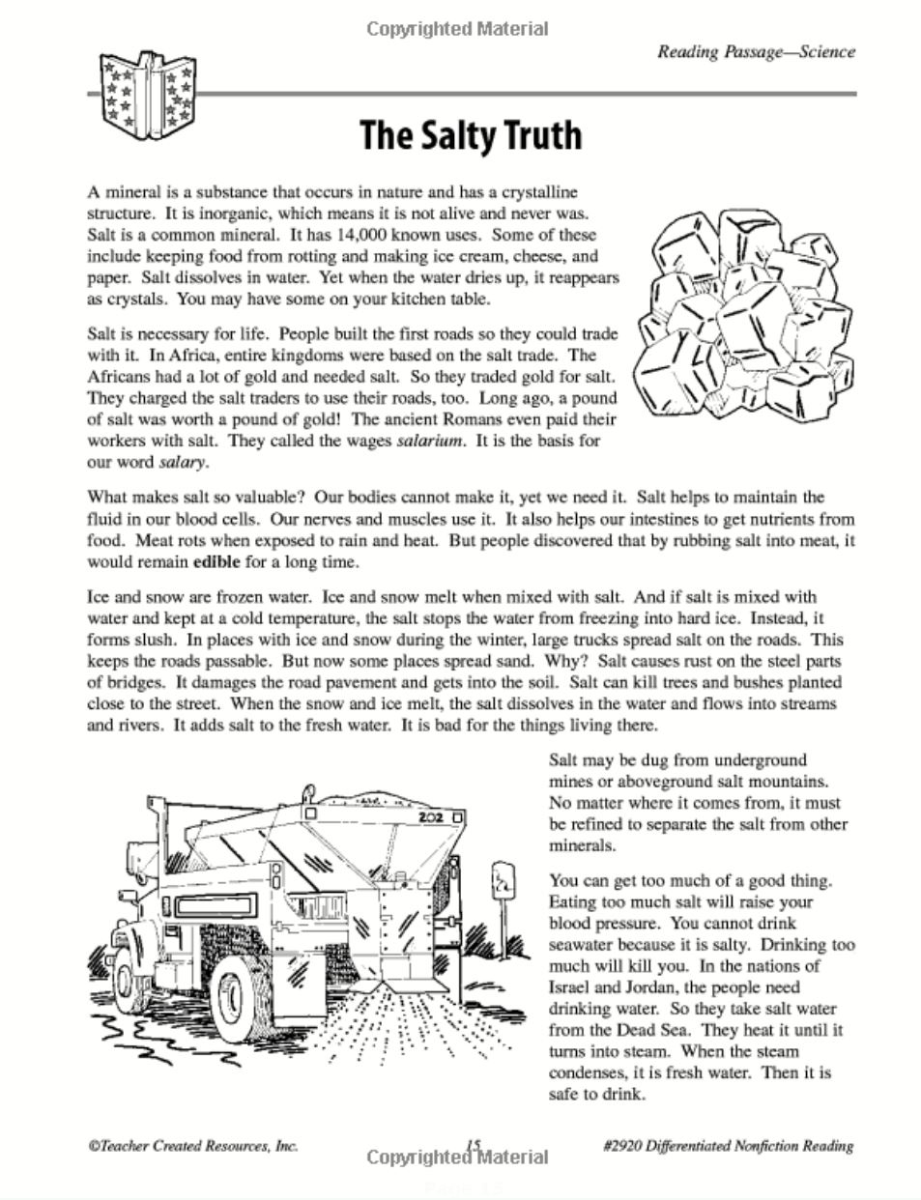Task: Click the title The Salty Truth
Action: coord(471,136)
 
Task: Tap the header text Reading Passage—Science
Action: coord(756,52)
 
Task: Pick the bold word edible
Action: coord(216,561)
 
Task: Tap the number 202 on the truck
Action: coord(431,817)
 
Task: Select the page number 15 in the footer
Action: coord(473,1145)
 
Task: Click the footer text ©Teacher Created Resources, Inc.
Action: coord(192,1146)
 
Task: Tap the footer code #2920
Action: coord(623,1146)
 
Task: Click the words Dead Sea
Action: coord(660,1030)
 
